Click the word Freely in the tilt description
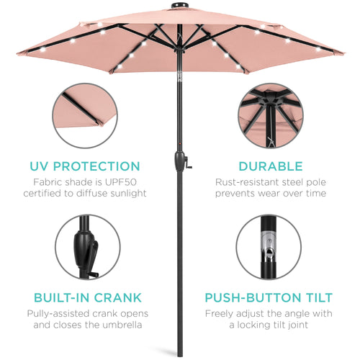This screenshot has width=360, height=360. point(221,313)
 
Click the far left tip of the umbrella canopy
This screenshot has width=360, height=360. point(17,52)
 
